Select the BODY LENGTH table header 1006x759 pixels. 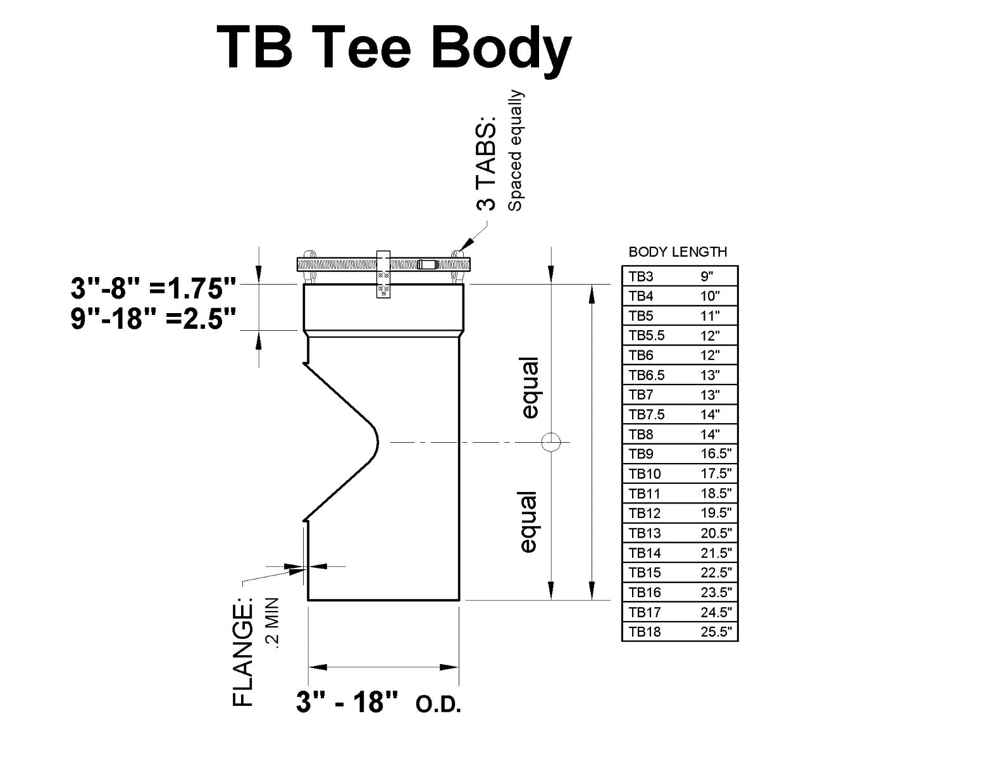[678, 252]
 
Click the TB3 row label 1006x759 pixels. [641, 276]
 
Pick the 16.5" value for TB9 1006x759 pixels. [716, 454]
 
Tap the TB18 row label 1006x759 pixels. [644, 632]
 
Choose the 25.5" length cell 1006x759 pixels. [716, 632]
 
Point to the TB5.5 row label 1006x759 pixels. [646, 335]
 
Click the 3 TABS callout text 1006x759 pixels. [487, 164]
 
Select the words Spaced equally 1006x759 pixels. [516, 151]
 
